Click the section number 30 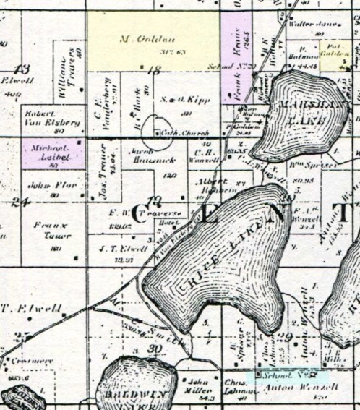153,349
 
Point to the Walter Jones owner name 312,24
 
